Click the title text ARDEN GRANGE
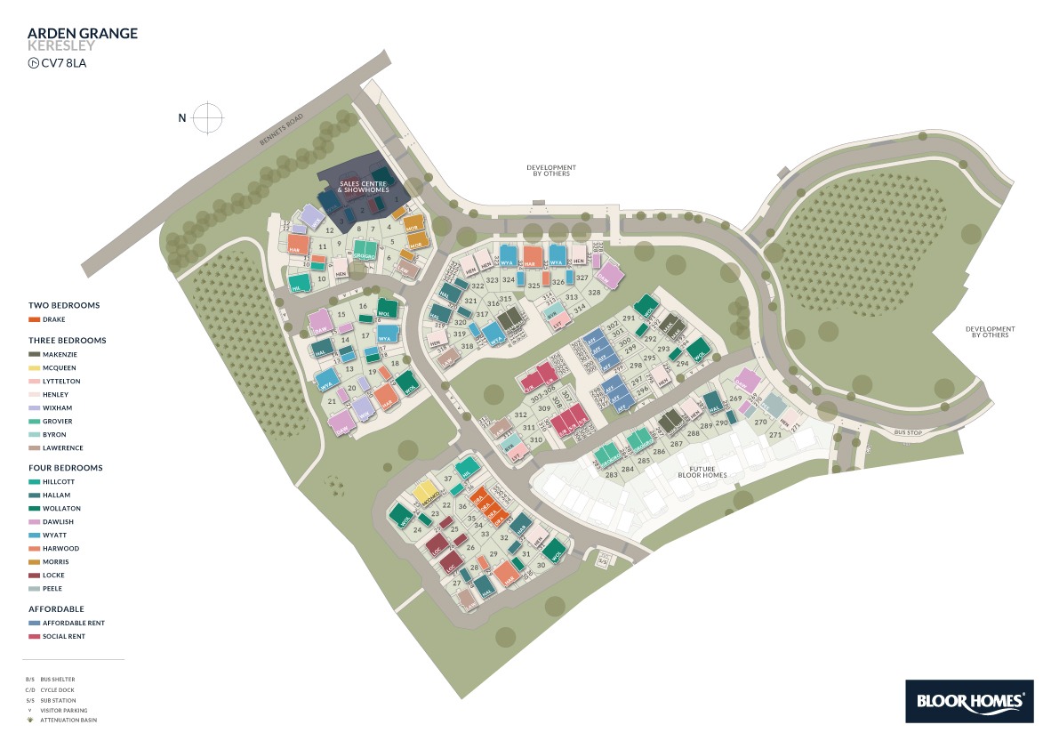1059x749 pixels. [83, 34]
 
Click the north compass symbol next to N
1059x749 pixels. [207, 117]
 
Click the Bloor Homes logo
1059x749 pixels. [969, 701]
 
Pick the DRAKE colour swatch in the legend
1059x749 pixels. [34, 319]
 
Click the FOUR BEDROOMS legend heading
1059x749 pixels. [66, 468]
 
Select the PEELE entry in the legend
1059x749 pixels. [52, 589]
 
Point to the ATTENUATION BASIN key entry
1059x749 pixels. [68, 720]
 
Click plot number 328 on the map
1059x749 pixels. [594, 292]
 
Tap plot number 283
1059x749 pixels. [612, 474]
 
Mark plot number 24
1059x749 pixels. [417, 529]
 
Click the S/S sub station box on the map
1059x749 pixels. [602, 560]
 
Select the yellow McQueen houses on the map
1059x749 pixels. [424, 492]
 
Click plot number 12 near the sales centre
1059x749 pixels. [329, 230]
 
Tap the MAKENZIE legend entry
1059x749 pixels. [59, 354]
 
